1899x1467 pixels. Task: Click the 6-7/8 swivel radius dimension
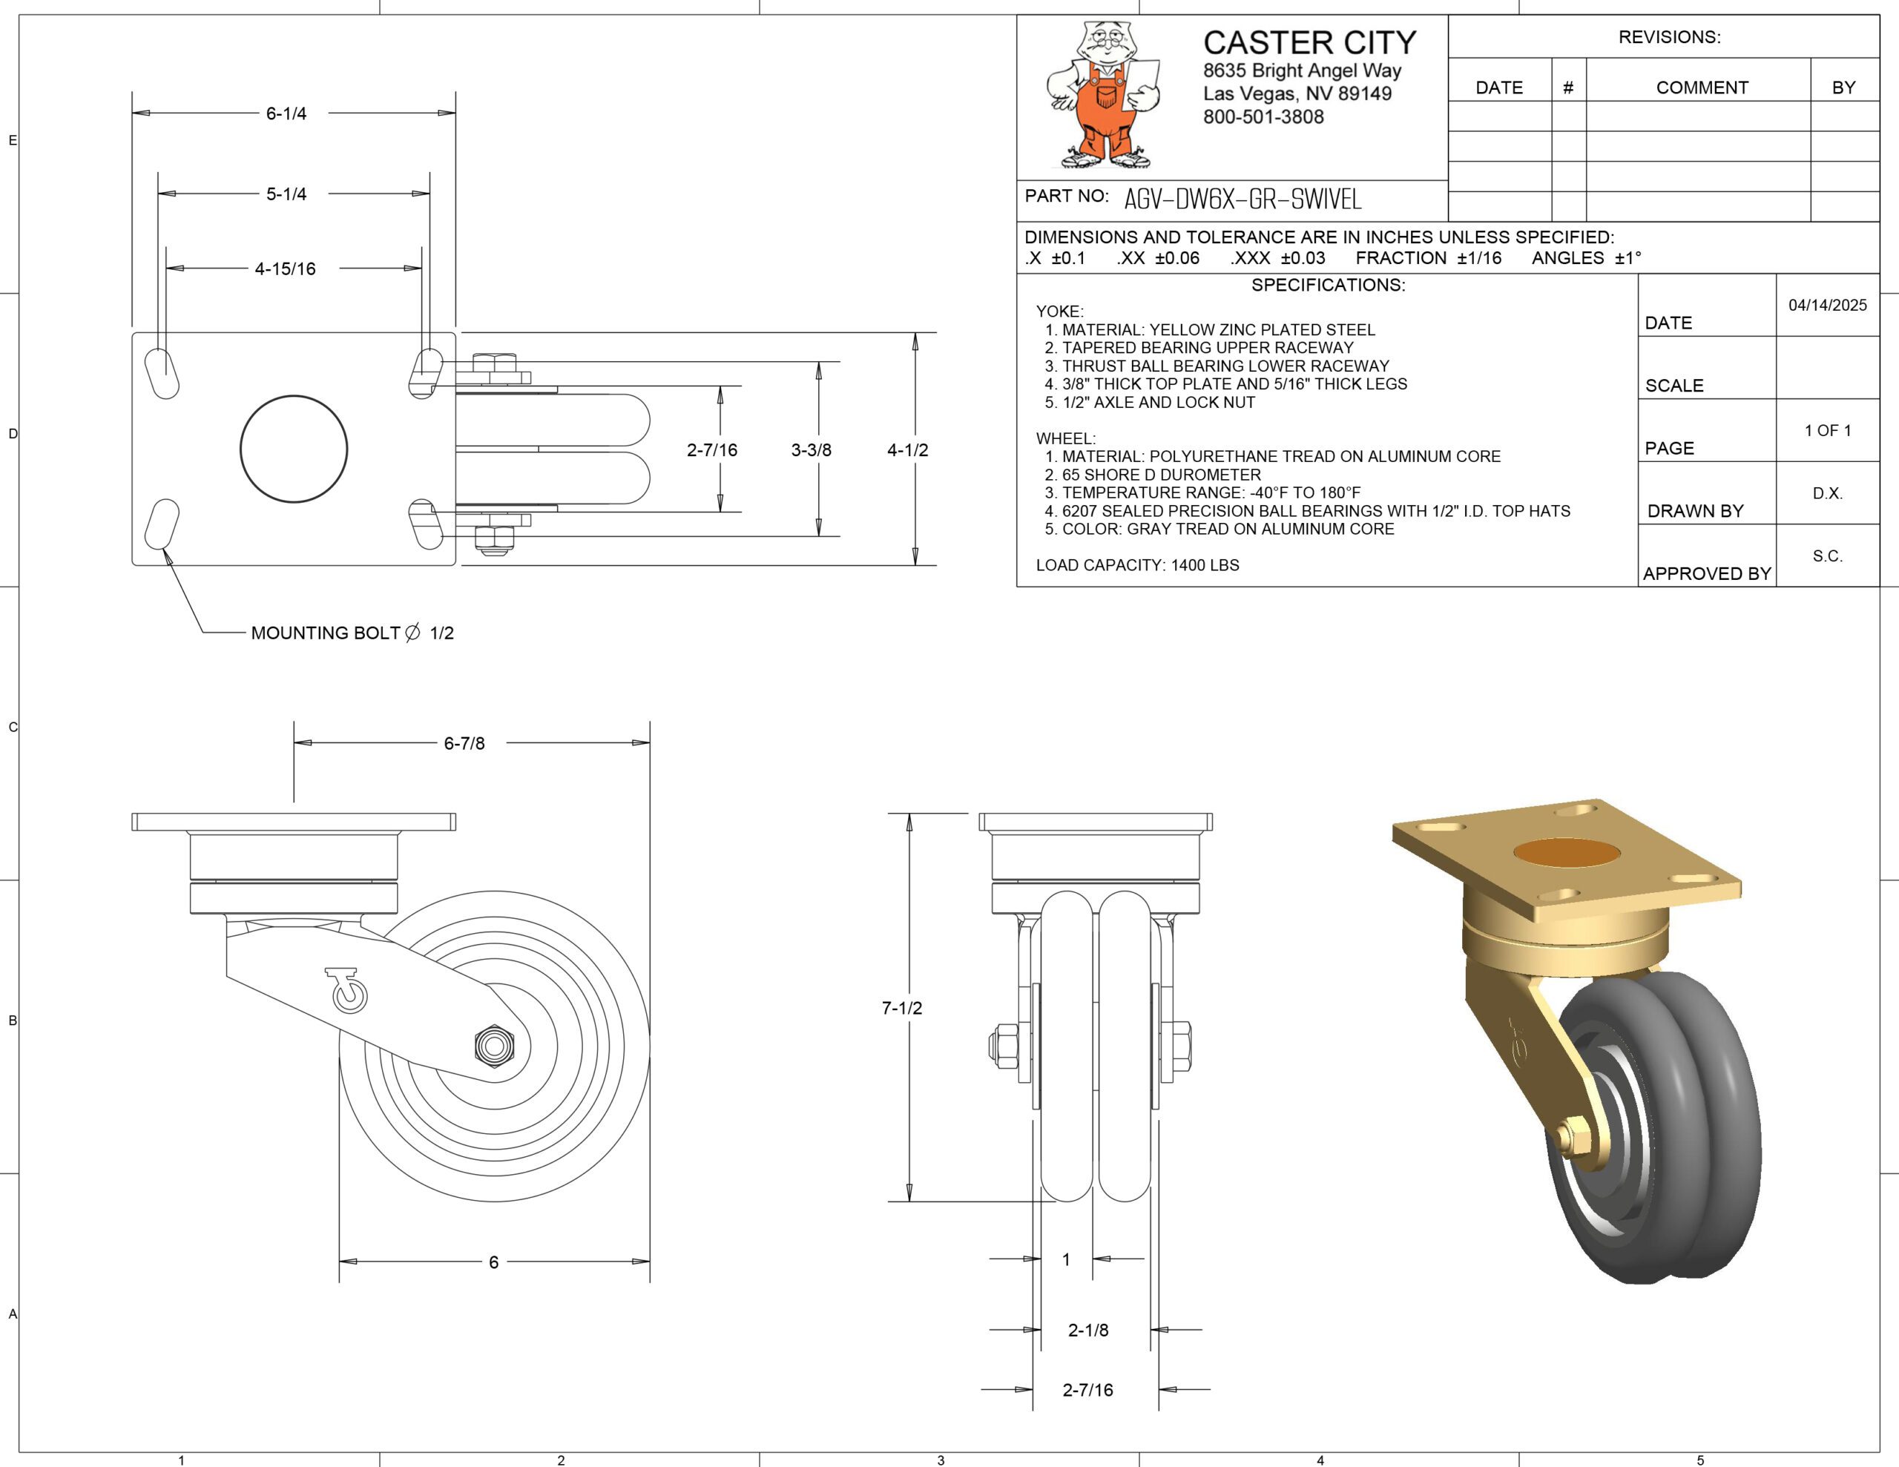(464, 743)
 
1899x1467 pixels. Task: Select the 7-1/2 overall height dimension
(902, 1008)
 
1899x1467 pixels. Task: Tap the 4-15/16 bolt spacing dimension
(284, 268)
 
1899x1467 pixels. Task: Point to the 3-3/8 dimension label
(810, 449)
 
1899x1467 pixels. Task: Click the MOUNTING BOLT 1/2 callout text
(352, 633)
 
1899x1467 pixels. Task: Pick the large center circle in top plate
(294, 449)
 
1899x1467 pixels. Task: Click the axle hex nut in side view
(495, 1045)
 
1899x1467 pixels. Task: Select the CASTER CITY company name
(1309, 42)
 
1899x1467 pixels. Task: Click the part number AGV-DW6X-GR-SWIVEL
(1242, 200)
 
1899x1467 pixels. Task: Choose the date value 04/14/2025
(1827, 306)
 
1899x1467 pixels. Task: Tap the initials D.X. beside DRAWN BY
(1827, 493)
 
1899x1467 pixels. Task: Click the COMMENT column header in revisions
(1702, 88)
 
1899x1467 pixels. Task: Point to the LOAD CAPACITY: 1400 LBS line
(1137, 565)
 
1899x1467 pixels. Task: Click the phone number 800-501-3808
(1263, 116)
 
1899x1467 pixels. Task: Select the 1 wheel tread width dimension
(1066, 1259)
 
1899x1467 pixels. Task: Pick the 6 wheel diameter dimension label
(493, 1262)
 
